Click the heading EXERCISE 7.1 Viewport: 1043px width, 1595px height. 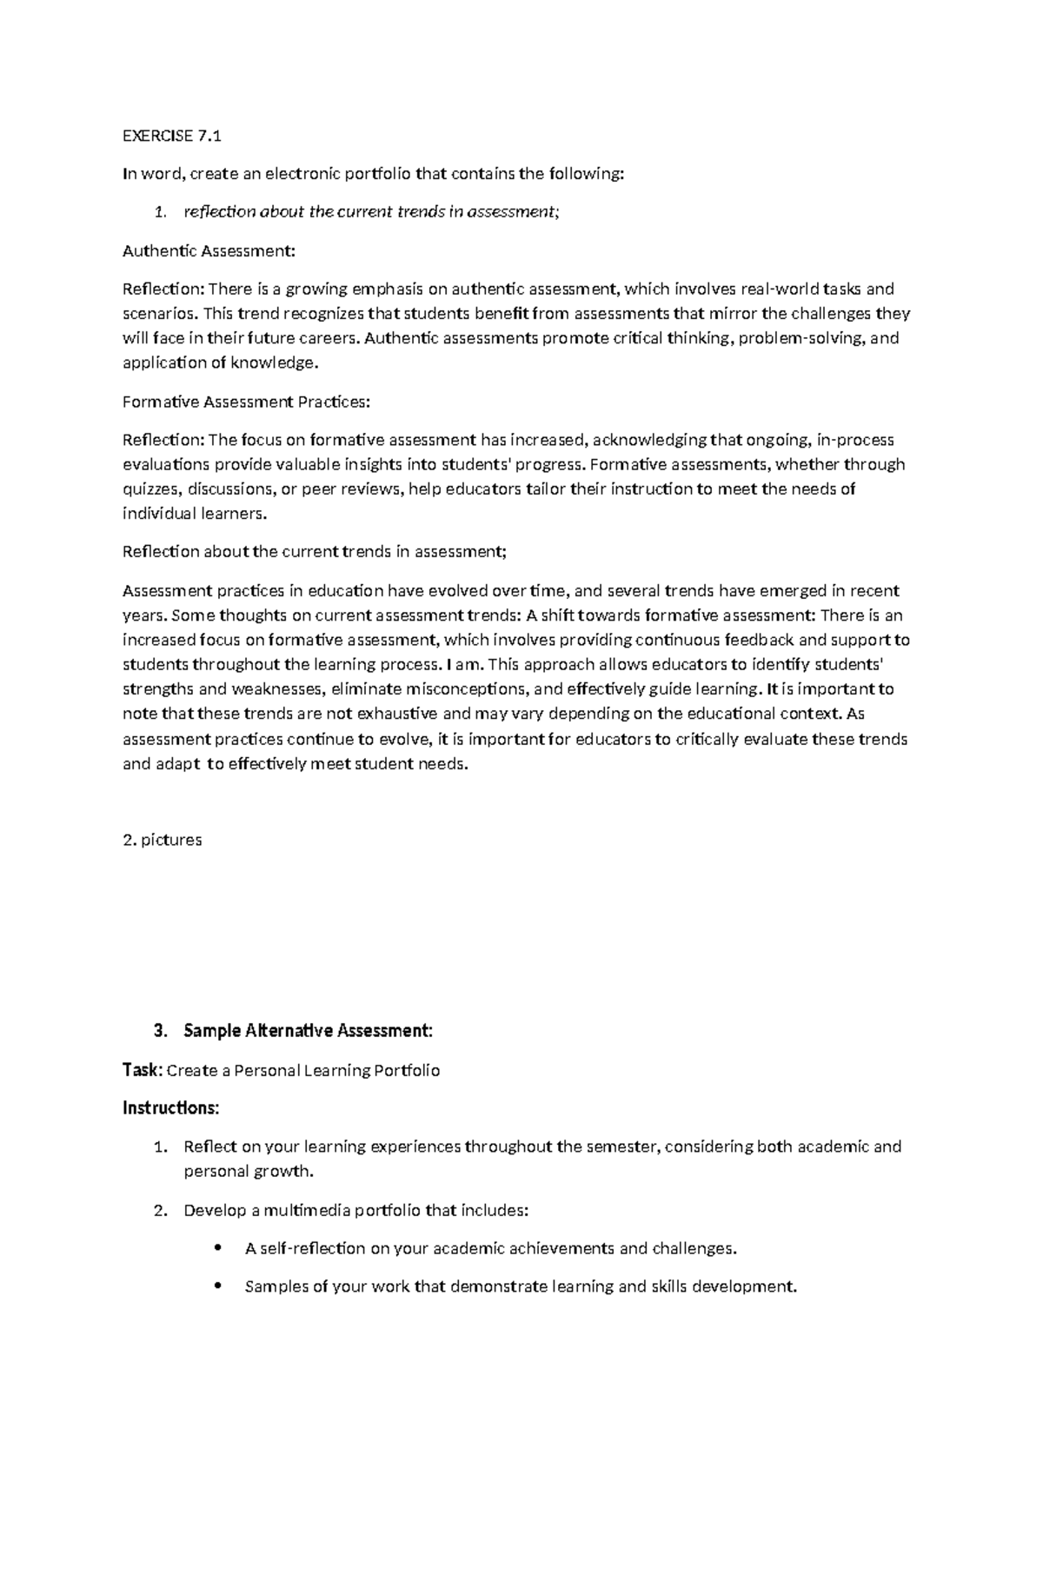point(172,136)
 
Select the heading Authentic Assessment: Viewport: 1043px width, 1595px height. point(209,251)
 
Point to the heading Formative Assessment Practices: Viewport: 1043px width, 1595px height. point(246,402)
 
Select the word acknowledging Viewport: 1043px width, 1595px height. point(649,440)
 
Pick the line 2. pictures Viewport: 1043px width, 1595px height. point(163,840)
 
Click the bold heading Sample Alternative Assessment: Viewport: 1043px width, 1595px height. point(308,1031)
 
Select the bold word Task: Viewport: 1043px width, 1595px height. point(142,1070)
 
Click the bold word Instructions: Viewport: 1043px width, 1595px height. point(170,1108)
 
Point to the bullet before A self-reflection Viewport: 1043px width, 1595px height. point(217,1248)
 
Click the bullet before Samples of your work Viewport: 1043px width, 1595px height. point(217,1286)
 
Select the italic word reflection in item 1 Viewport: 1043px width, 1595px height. point(220,212)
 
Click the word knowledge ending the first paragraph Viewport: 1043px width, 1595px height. point(275,363)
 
